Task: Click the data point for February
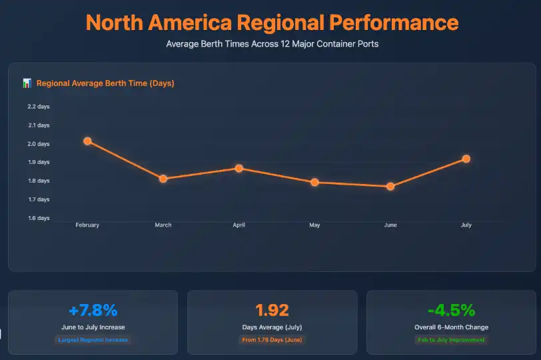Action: click(87, 141)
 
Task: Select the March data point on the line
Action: click(163, 179)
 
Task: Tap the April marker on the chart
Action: click(239, 168)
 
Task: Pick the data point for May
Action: click(314, 182)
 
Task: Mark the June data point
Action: click(390, 186)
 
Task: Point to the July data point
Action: click(466, 159)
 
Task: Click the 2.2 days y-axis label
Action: click(39, 107)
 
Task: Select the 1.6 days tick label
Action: click(39, 218)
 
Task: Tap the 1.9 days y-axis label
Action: click(39, 162)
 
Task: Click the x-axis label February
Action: click(87, 225)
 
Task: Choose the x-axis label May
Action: click(314, 225)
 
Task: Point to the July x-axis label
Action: click(466, 225)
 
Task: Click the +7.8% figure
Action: click(93, 310)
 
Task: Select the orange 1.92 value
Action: click(272, 310)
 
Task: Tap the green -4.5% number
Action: click(451, 310)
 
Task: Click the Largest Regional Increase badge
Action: click(93, 340)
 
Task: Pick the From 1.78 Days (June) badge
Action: click(272, 340)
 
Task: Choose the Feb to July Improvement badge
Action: click(451, 340)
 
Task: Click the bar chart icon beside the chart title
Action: click(27, 83)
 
